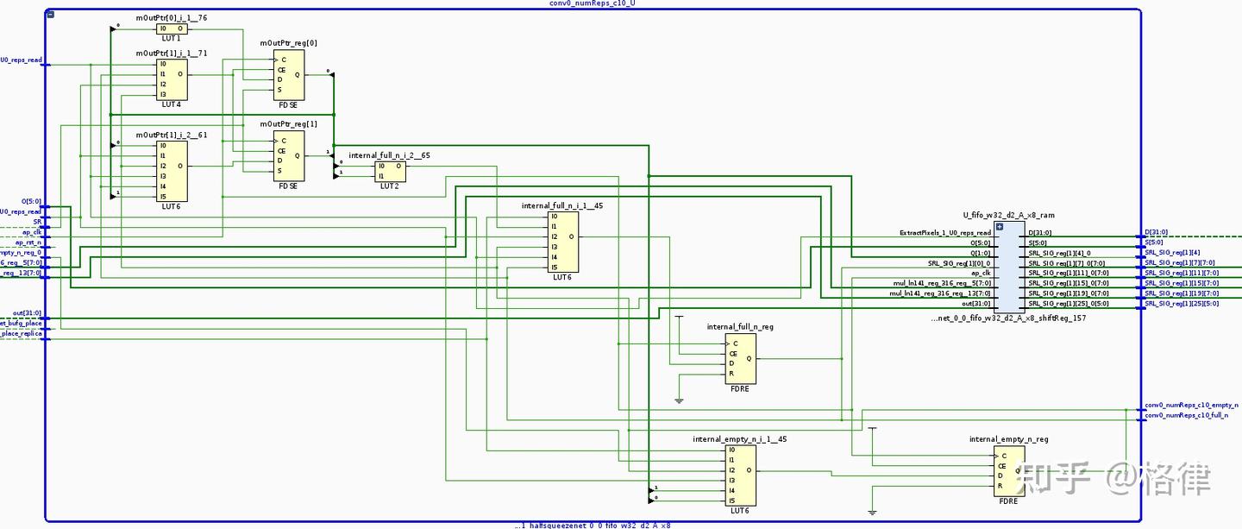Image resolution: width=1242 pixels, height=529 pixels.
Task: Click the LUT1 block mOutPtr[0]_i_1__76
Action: (172, 28)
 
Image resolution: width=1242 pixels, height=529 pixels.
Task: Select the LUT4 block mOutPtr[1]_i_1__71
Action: (172, 79)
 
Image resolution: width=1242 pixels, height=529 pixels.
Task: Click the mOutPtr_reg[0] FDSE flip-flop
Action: (289, 74)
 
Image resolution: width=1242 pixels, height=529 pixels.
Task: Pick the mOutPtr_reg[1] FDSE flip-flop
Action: (289, 156)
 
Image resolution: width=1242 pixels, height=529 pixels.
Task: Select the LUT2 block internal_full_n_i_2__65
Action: (390, 171)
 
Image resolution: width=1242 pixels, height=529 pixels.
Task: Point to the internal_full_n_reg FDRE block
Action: (741, 358)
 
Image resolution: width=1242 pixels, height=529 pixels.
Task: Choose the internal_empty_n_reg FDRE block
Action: (1009, 471)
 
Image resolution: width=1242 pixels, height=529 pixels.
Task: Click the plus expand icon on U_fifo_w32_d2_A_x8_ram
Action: (1000, 227)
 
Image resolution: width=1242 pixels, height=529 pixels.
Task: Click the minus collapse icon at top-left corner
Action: (51, 15)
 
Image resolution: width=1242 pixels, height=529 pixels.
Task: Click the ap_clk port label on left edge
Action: (31, 232)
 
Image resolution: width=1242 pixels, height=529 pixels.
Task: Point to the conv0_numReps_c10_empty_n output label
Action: (1189, 406)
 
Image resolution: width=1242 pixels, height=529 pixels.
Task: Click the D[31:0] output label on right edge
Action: (1158, 232)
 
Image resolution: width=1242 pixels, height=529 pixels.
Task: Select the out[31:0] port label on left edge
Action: (27, 313)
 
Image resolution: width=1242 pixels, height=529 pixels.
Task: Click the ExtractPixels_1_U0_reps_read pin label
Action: (945, 233)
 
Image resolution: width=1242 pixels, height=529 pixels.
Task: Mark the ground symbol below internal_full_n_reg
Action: (679, 400)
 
